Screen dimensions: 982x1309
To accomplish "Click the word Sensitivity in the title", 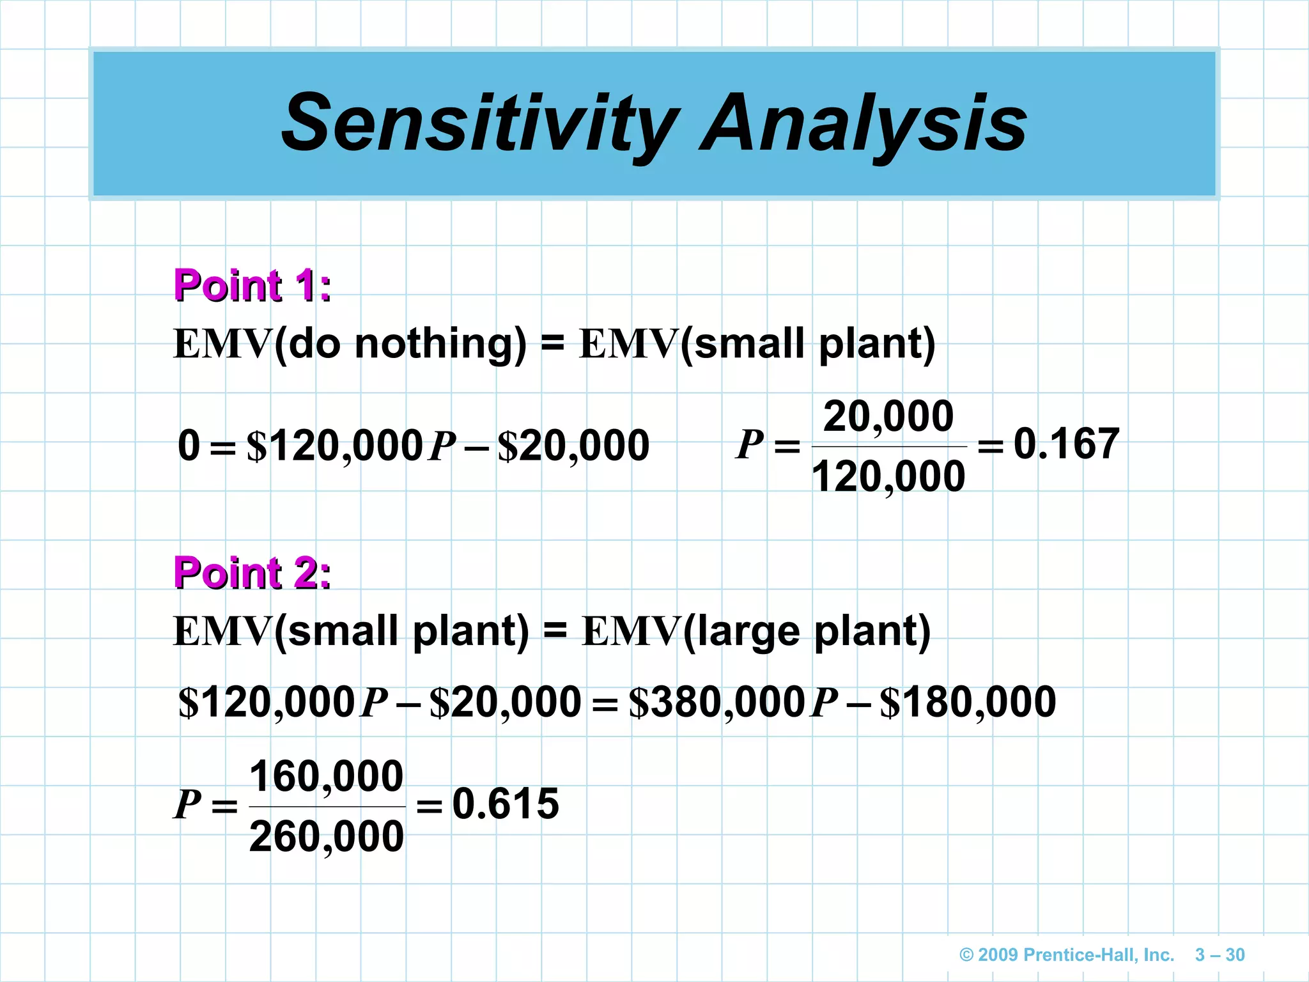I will coord(479,123).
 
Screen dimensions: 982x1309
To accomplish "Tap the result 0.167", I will coord(1066,443).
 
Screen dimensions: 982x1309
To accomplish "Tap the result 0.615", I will coord(506,804).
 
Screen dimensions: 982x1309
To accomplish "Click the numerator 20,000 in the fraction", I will coord(888,416).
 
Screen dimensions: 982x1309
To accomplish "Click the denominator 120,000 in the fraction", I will coord(888,476).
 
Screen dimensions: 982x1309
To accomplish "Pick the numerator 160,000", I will coord(326,776).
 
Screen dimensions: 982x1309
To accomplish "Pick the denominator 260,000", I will coord(326,836).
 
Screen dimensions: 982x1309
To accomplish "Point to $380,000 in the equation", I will coord(716,702).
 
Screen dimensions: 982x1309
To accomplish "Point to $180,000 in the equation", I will coord(968,702).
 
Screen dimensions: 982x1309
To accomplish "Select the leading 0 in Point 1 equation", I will coord(189,445).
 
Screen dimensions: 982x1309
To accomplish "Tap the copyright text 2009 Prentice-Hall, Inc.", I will coord(1067,955).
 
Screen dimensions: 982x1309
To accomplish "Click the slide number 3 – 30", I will coord(1220,955).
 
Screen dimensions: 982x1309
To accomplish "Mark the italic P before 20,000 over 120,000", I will coord(750,444).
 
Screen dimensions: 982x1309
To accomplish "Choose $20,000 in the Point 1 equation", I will coord(573,446).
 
